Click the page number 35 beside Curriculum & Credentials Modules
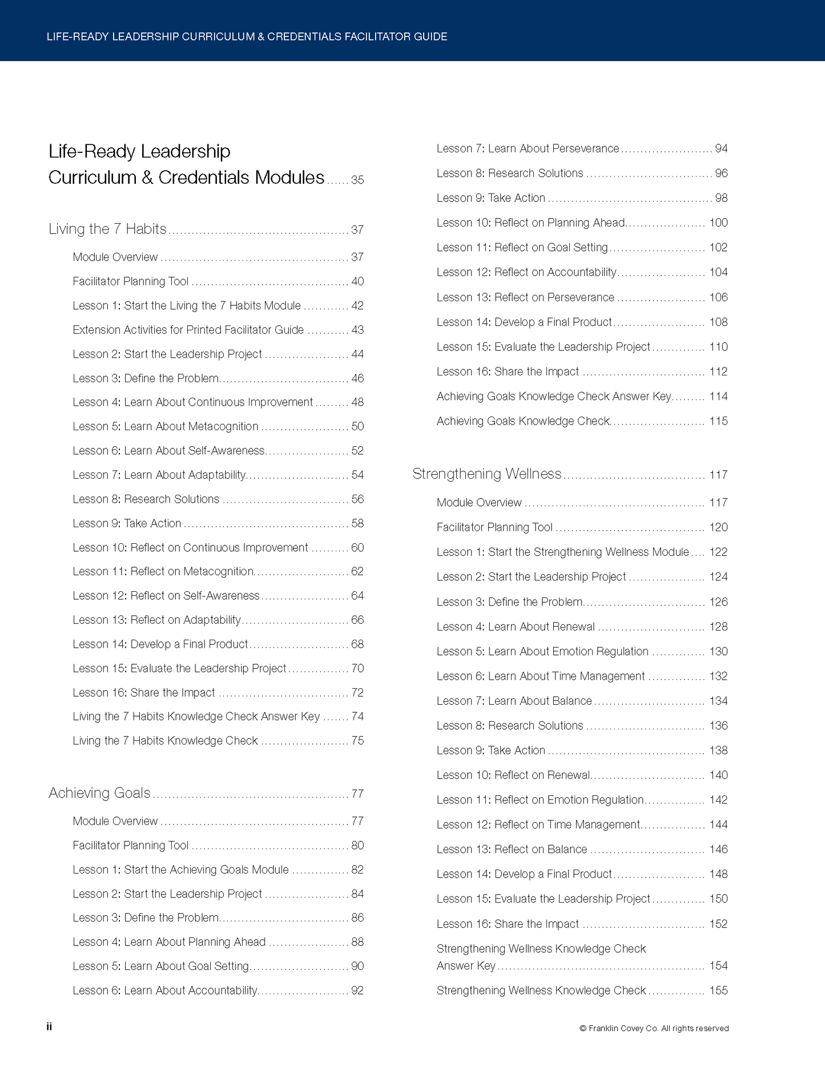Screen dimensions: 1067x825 (357, 180)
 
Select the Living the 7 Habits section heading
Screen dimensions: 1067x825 (107, 229)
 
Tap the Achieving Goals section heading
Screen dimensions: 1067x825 (99, 793)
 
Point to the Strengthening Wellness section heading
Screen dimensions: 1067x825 (487, 474)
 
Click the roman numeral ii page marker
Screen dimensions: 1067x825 (49, 1026)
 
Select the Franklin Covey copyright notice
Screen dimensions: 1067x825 (654, 1028)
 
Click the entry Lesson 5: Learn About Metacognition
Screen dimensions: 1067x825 (166, 426)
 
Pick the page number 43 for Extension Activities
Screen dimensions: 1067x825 (357, 330)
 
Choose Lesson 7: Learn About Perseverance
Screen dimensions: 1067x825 (528, 148)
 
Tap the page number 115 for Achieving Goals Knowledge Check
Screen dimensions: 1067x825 (718, 421)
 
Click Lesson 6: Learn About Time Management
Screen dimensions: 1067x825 (541, 676)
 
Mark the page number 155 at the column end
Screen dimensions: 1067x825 (718, 991)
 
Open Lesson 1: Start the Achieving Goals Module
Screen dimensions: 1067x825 (180, 870)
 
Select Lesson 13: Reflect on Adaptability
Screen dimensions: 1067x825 (157, 620)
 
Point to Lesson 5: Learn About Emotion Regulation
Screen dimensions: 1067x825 (542, 651)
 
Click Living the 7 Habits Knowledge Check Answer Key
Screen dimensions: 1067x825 (196, 716)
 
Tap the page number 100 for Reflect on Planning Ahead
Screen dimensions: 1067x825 (718, 223)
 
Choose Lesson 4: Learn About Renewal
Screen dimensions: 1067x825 (516, 627)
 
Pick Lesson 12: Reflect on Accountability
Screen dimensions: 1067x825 (526, 272)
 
